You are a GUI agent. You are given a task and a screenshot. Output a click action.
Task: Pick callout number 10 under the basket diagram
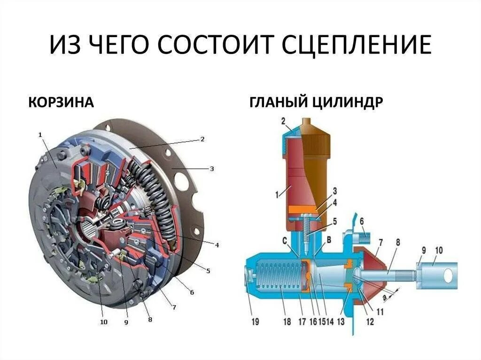coord(103,322)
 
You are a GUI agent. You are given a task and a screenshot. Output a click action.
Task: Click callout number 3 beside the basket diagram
coord(212,168)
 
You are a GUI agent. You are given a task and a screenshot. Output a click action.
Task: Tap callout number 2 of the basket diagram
coord(202,139)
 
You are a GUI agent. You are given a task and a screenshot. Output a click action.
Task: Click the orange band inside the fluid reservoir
coord(305,209)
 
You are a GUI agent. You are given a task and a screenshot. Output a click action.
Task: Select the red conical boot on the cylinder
coord(371,272)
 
